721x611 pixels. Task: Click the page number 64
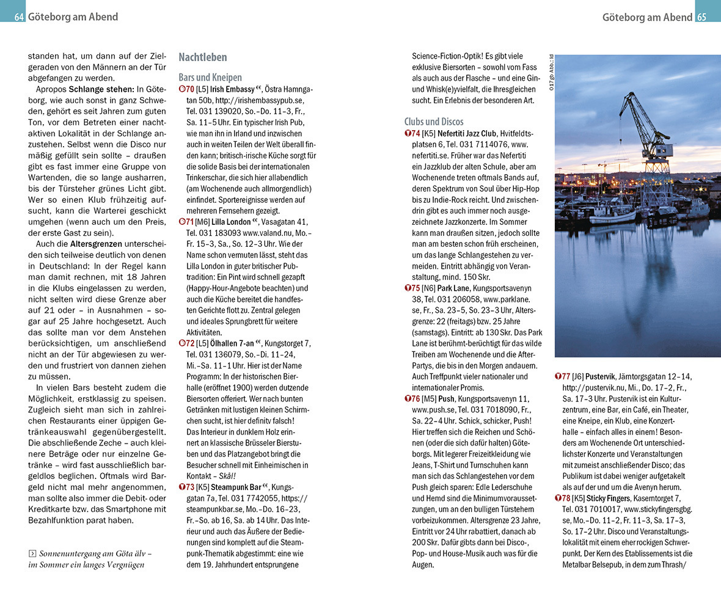point(18,17)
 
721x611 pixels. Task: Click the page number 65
point(701,17)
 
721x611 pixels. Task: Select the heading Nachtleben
point(202,57)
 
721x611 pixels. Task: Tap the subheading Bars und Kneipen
point(210,78)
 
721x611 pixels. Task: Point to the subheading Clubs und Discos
point(434,122)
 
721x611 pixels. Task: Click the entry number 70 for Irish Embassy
point(190,89)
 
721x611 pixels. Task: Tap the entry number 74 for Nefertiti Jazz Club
point(415,133)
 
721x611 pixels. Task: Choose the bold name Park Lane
point(454,288)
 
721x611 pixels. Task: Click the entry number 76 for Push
point(415,399)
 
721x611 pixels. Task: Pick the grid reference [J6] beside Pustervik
point(577,376)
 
